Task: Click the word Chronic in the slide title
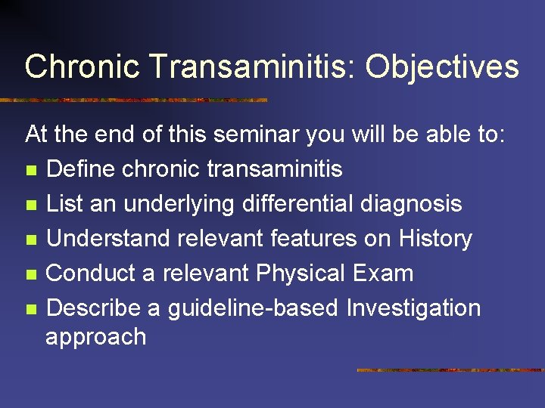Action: tap(83, 66)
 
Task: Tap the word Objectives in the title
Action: tap(442, 66)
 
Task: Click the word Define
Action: tap(79, 169)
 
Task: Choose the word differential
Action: tap(285, 204)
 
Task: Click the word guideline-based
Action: tap(253, 308)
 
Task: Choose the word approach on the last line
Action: tap(95, 336)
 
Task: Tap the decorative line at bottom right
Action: tap(450, 370)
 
